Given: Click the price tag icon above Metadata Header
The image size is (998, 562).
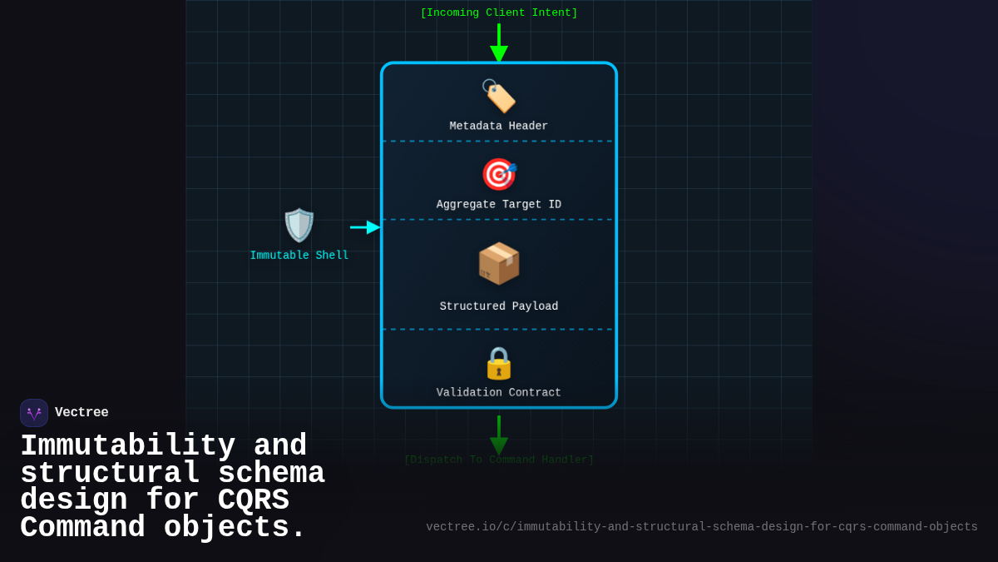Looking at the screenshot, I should [498, 96].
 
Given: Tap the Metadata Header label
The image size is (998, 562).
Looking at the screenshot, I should [499, 127].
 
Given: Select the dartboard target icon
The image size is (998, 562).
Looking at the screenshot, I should [499, 174].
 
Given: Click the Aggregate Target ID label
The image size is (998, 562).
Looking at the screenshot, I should [499, 205].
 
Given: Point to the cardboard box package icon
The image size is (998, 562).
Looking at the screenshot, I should [499, 264].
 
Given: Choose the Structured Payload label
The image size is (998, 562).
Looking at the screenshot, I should [499, 306].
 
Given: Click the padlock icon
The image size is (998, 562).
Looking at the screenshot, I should [499, 363].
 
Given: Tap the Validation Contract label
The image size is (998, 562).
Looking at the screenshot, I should [499, 393].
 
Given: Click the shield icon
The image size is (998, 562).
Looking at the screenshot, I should [299, 226].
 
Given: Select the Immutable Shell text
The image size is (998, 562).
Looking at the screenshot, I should [299, 256].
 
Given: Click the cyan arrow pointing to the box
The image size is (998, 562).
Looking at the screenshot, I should [365, 227].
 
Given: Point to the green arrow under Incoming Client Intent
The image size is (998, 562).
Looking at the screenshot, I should [499, 43].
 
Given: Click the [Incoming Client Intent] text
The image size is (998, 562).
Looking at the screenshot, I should [499, 13].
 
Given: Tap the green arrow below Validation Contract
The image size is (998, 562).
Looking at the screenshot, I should [499, 435].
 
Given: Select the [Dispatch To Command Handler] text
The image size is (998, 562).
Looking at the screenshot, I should [499, 460].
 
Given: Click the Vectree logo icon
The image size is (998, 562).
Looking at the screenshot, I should [34, 413].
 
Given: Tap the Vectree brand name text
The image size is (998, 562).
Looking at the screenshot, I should [82, 413].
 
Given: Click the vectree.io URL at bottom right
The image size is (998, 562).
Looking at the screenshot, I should [702, 527].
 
